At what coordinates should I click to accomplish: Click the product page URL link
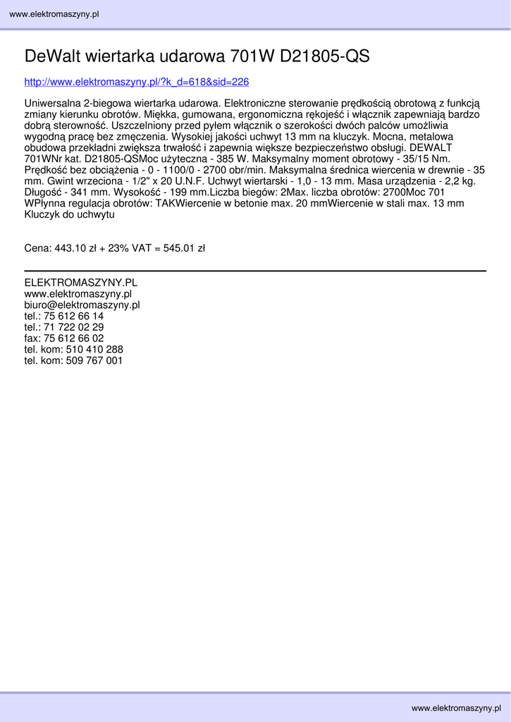click(x=137, y=82)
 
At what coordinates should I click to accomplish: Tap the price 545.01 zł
click(x=184, y=248)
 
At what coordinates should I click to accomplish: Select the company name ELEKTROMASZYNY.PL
click(x=80, y=283)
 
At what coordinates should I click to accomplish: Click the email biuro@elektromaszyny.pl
click(x=82, y=305)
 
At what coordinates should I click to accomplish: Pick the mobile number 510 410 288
click(x=94, y=350)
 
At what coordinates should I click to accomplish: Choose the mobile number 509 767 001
click(x=94, y=360)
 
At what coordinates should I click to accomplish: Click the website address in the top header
click(x=54, y=15)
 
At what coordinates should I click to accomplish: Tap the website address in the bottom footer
click(x=456, y=707)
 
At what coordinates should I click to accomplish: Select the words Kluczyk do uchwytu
click(x=69, y=214)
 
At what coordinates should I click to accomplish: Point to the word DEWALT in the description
click(x=431, y=147)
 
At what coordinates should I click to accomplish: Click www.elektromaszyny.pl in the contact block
click(x=78, y=294)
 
